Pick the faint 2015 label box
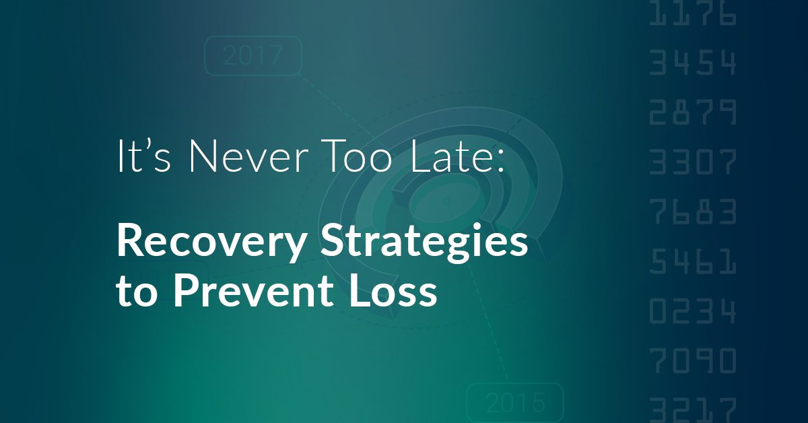click(514, 401)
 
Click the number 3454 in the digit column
click(693, 64)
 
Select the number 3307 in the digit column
click(693, 162)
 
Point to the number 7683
click(693, 211)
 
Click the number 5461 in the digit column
click(693, 261)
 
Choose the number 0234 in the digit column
click(693, 311)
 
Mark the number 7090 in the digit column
click(693, 361)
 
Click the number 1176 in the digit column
click(693, 15)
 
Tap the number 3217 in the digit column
click(693, 409)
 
